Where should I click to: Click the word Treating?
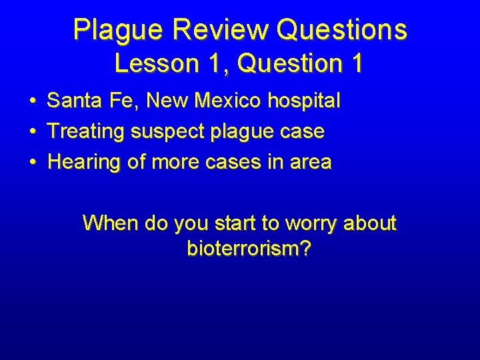pos(86,132)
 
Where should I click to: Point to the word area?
pos(309,162)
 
